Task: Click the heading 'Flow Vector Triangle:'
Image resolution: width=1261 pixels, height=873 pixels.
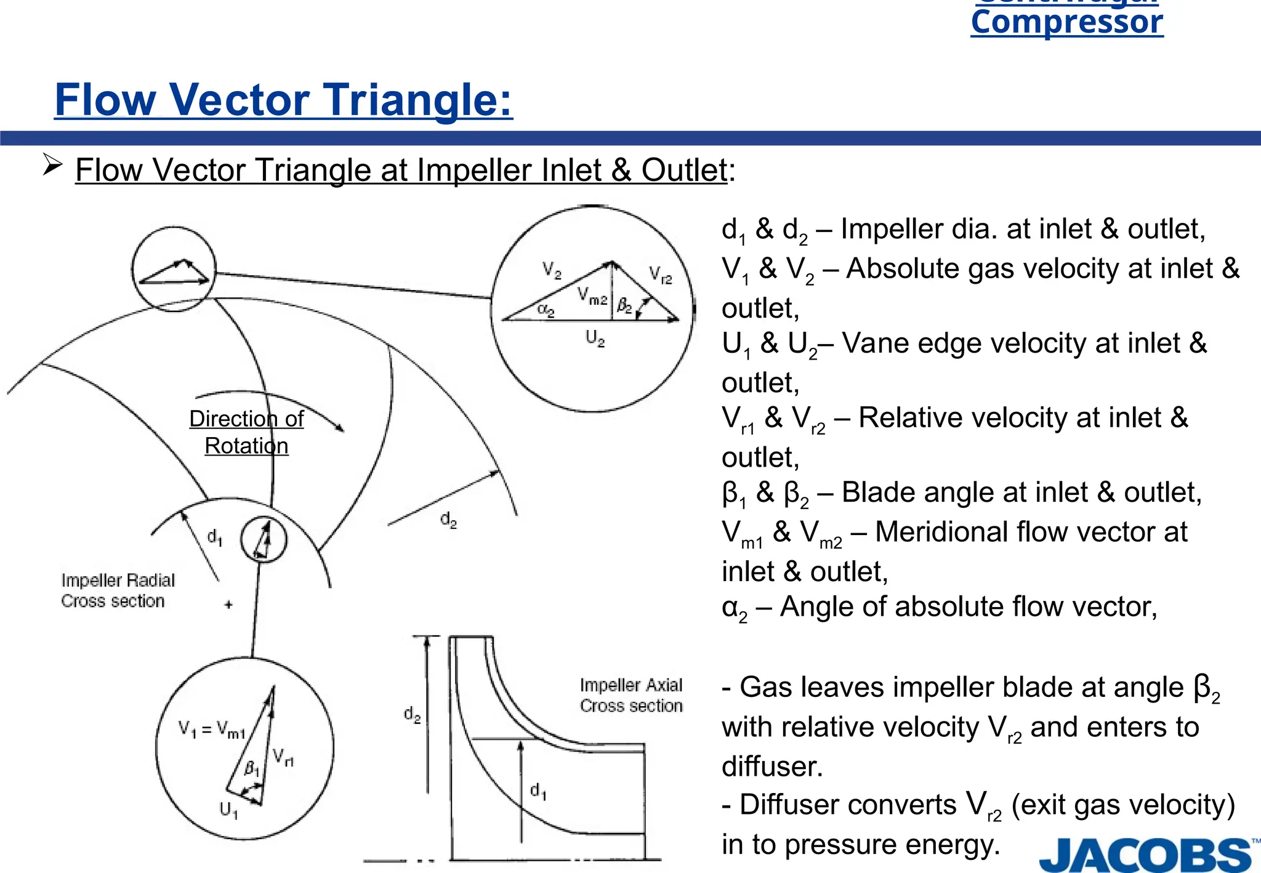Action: [283, 100]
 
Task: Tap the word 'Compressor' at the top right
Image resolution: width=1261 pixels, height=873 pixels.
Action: [1067, 22]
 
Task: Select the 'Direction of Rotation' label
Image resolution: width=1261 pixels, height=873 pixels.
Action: [246, 432]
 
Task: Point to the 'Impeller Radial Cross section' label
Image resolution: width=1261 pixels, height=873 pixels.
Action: [117, 590]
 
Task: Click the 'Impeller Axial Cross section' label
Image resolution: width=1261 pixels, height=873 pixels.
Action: [631, 695]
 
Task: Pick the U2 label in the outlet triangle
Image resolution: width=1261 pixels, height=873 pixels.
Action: [595, 338]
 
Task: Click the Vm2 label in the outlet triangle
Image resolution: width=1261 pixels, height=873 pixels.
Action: [592, 297]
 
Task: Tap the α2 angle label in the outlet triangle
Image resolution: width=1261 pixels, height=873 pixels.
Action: [546, 310]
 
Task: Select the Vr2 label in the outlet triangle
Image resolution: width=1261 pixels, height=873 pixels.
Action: [660, 275]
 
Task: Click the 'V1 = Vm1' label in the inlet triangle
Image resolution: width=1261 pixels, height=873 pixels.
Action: [211, 730]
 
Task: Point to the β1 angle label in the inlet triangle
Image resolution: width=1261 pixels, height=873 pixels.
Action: [252, 768]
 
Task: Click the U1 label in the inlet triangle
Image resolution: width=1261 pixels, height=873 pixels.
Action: [228, 809]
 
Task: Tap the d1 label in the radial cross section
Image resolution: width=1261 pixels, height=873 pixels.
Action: [214, 537]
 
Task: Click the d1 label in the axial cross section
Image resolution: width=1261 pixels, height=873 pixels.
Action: [538, 791]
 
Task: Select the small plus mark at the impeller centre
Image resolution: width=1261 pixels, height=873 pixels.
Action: [228, 605]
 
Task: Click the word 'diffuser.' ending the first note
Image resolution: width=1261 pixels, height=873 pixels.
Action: [772, 766]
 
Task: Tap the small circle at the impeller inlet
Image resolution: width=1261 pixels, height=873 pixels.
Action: [264, 539]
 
